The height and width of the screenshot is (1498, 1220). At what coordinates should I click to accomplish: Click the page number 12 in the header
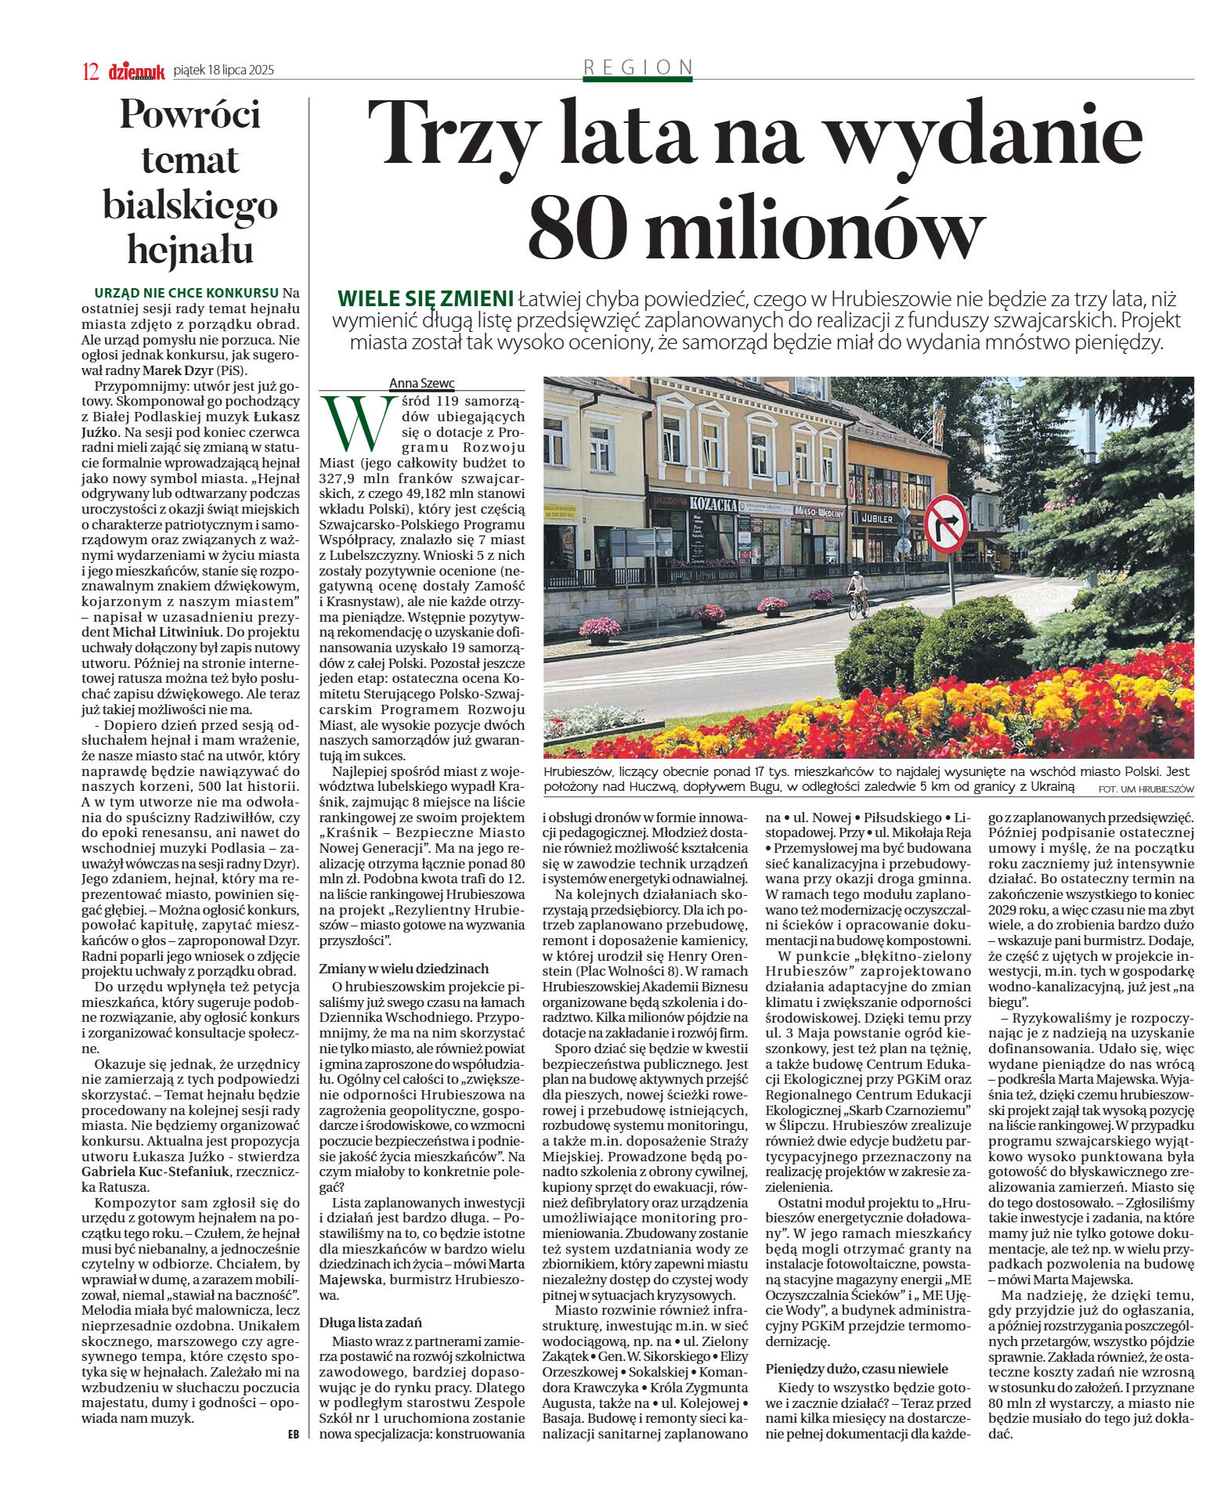90,72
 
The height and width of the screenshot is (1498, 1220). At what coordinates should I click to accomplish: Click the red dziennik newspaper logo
136,72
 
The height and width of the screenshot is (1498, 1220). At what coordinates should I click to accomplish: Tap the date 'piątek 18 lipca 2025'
224,70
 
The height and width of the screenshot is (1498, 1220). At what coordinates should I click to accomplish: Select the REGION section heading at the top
638,67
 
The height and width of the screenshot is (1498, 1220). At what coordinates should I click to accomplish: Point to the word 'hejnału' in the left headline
190,250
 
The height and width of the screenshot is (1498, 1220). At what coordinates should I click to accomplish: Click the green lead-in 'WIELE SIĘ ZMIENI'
425,299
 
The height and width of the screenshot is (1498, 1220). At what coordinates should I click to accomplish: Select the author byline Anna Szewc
421,383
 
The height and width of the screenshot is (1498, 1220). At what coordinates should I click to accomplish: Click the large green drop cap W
358,423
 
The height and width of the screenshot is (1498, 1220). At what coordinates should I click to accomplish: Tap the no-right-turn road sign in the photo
945,524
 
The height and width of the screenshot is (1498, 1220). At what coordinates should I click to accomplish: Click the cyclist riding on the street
858,593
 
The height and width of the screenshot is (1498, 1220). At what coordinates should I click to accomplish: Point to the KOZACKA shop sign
713,504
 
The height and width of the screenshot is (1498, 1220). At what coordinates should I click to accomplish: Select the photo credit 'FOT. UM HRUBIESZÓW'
1146,789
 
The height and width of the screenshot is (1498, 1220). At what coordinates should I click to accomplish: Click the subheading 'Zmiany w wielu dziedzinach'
403,968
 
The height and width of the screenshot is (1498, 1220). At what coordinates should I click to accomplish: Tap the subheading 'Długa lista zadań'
370,1322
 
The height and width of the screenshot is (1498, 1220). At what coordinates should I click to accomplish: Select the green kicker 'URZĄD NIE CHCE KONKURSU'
186,293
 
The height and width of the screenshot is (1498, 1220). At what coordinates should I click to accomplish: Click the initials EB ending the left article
293,1435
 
